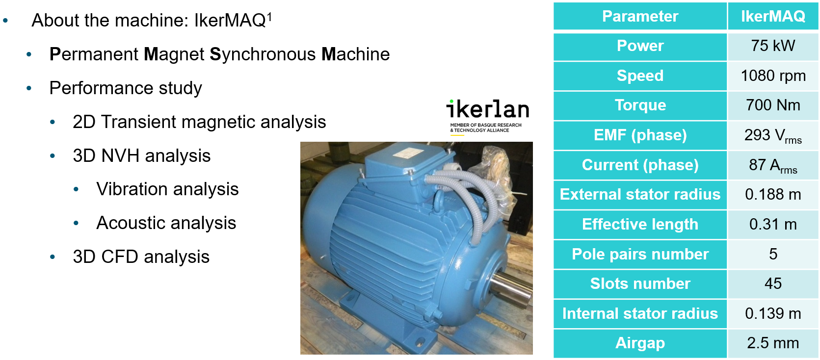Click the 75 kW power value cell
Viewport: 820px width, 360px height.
(x=773, y=46)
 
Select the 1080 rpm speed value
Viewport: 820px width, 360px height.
(x=773, y=76)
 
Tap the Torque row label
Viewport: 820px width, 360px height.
(x=640, y=105)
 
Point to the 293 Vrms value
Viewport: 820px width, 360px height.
(x=773, y=136)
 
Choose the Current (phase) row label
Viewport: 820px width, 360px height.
(x=640, y=165)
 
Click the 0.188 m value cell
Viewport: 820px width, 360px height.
(x=773, y=195)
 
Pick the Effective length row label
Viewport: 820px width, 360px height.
(x=640, y=224)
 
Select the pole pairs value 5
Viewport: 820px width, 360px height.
(x=773, y=254)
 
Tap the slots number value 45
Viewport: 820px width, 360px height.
(x=773, y=283)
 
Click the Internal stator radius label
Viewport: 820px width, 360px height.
(x=640, y=313)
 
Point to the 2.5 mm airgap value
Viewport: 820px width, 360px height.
(x=773, y=343)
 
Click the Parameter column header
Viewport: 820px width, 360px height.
(x=640, y=16)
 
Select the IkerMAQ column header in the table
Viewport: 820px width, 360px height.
(x=773, y=16)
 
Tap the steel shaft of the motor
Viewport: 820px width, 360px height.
(x=511, y=288)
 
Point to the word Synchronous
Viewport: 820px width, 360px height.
(x=263, y=54)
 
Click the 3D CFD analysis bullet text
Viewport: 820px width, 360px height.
(x=141, y=257)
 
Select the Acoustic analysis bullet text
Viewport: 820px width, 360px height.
(x=166, y=223)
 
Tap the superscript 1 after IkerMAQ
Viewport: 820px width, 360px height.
(x=269, y=16)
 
